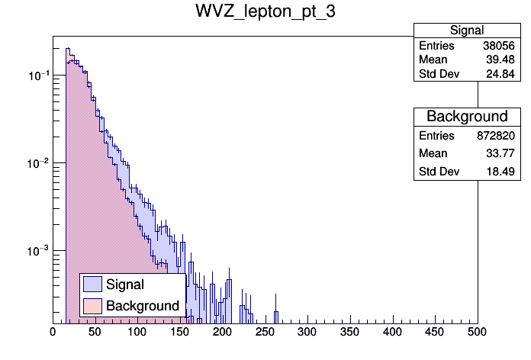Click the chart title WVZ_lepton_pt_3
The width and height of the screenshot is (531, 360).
265,14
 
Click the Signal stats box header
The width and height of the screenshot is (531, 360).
466,31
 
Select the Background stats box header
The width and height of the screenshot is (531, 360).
466,117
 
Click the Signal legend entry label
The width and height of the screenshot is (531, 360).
125,284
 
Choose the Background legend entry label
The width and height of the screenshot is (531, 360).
143,306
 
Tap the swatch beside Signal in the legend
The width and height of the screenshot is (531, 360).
93,284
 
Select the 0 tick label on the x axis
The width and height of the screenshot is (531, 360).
53,333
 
